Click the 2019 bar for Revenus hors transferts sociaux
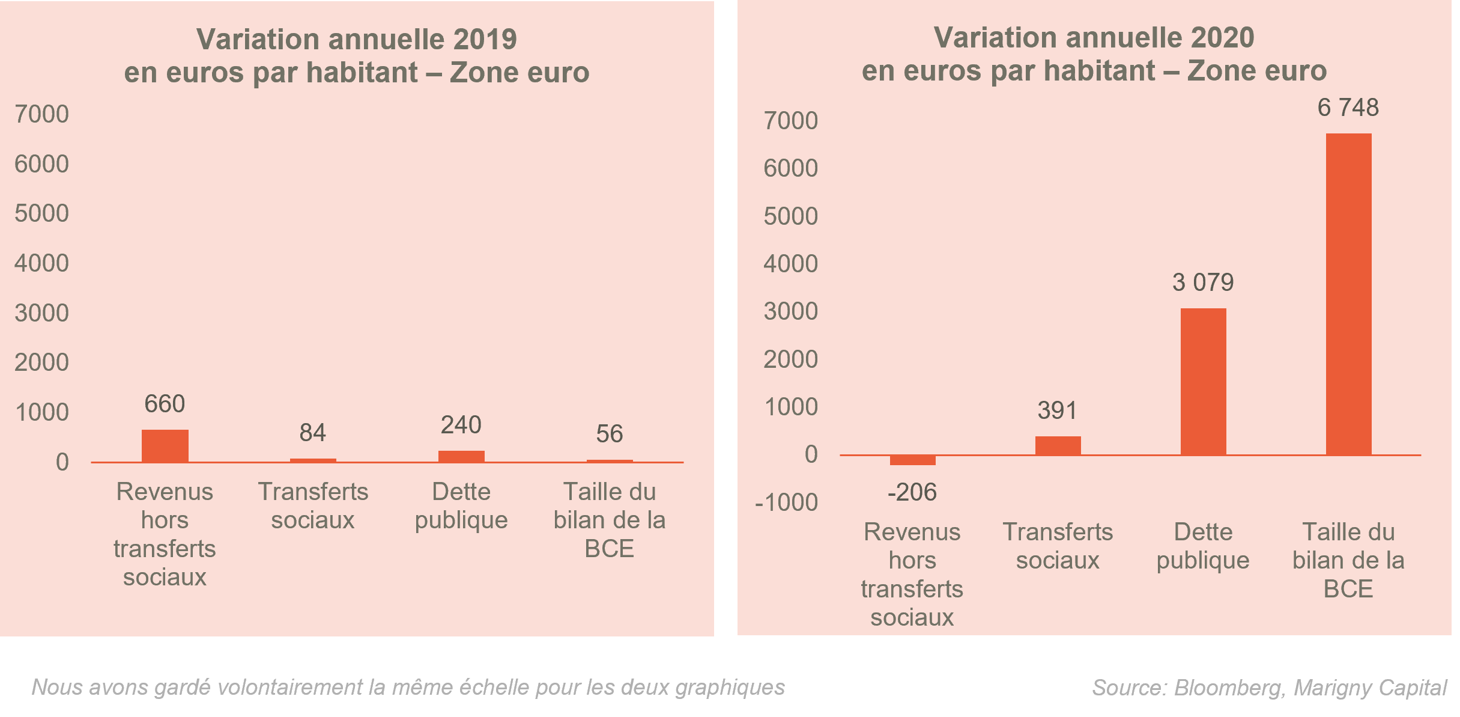(x=165, y=445)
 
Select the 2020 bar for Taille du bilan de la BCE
(x=1348, y=294)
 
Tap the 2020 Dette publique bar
(x=1203, y=382)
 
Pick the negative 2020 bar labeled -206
(x=912, y=460)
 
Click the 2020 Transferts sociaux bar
(x=1058, y=445)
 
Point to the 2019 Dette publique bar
(x=461, y=456)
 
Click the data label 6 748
(x=1348, y=108)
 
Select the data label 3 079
(x=1202, y=282)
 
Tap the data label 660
(x=165, y=404)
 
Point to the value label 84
(x=312, y=433)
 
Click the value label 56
(x=609, y=434)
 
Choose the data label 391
(x=1057, y=411)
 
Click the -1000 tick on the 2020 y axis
(x=786, y=502)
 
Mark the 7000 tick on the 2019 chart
(x=41, y=114)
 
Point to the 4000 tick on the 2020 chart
(x=790, y=264)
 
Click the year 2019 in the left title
(x=485, y=40)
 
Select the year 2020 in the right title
(x=1222, y=38)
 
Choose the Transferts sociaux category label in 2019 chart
(x=312, y=506)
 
